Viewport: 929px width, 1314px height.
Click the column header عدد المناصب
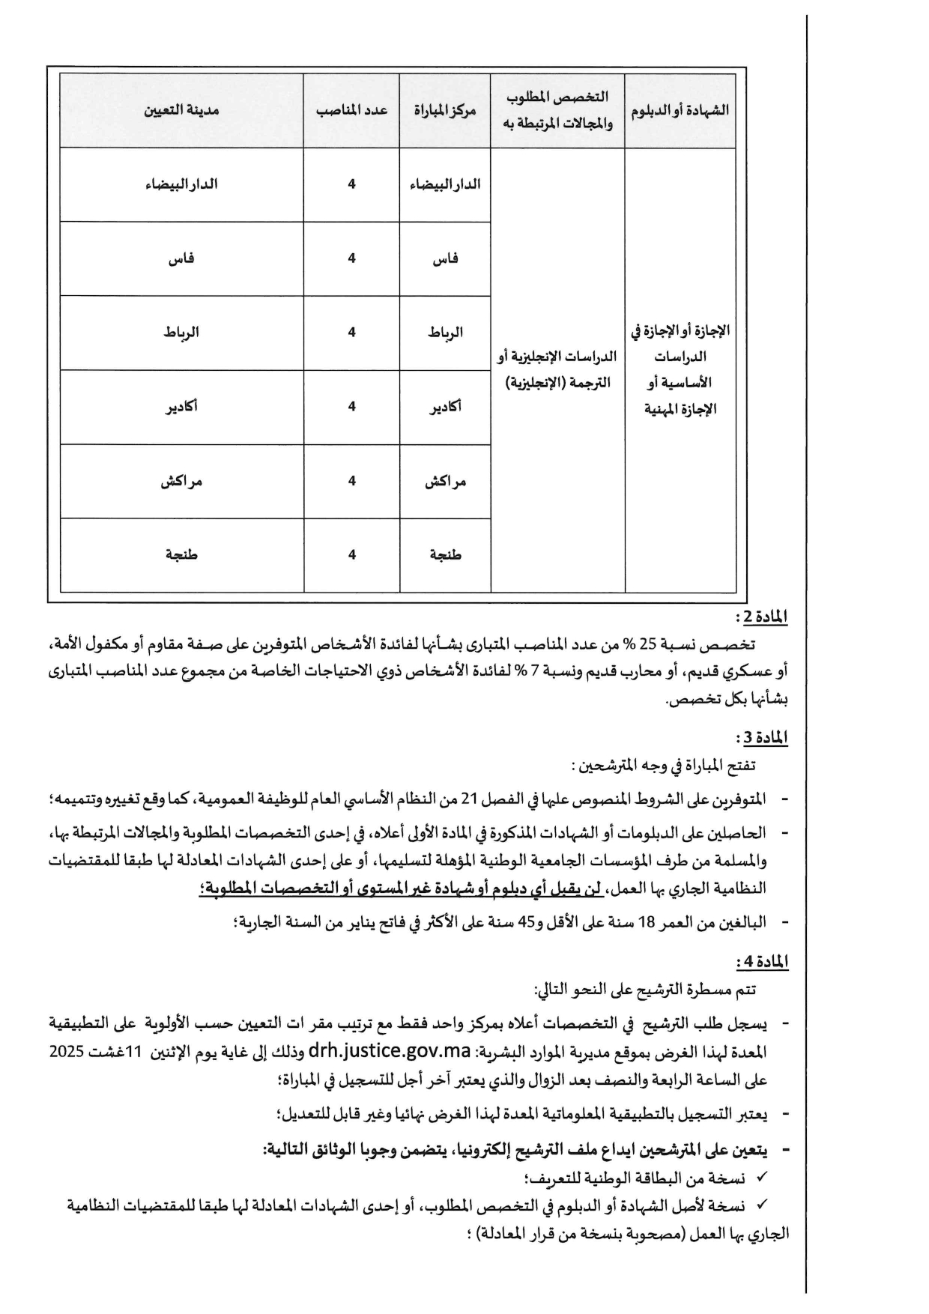[351, 110]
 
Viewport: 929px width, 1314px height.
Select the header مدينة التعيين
[181, 110]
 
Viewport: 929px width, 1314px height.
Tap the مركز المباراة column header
[445, 110]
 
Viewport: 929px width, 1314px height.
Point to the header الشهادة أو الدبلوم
[680, 110]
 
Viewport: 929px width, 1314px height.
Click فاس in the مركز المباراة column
[446, 259]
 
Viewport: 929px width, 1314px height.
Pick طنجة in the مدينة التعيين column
[181, 555]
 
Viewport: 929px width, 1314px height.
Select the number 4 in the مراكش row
[351, 481]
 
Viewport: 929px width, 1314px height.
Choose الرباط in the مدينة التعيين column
[181, 333]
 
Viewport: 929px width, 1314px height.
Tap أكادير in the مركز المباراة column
[446, 407]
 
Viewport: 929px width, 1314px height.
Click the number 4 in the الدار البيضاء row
[351, 184]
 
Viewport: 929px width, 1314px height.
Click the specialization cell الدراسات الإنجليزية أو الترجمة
[557, 370]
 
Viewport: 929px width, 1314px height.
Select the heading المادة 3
[762, 738]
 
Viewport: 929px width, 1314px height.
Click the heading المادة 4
[762, 961]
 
